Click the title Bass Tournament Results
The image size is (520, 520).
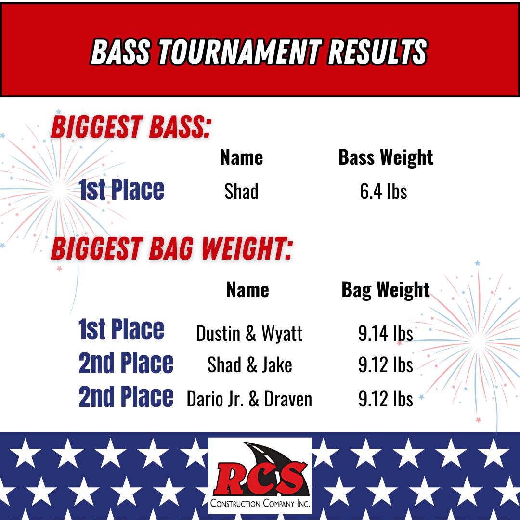click(259, 52)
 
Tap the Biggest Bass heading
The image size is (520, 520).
click(130, 127)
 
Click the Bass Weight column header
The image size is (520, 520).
click(385, 157)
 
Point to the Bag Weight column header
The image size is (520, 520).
click(385, 290)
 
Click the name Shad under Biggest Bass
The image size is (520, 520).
click(241, 191)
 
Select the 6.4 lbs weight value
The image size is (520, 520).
click(383, 191)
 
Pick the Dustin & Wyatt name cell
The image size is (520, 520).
click(249, 333)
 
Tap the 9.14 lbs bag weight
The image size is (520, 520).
click(385, 333)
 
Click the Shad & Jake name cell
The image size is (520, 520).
click(249, 365)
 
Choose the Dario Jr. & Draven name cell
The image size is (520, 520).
click(249, 399)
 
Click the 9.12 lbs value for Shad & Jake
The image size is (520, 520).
click(385, 365)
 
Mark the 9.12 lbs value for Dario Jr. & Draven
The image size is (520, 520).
click(385, 399)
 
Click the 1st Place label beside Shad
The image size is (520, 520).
click(121, 189)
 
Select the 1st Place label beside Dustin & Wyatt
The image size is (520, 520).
click(121, 329)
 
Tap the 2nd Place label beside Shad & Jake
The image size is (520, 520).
click(126, 363)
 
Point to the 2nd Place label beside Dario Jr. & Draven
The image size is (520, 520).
click(126, 396)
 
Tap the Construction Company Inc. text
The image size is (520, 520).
click(260, 503)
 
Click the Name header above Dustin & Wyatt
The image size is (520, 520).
click(247, 290)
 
